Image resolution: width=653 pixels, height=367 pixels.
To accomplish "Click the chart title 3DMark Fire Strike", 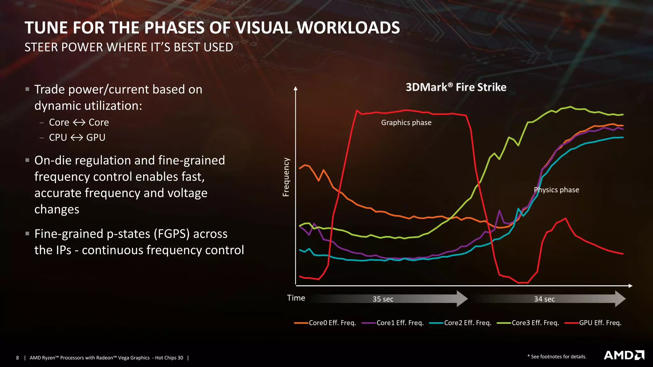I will (x=456, y=87).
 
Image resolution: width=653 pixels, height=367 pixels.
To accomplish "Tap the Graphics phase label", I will (x=406, y=123).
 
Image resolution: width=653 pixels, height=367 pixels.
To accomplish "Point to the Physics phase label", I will (x=556, y=190).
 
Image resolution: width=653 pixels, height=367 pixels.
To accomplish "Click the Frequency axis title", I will (x=286, y=177).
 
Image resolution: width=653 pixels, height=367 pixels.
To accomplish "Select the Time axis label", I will (x=296, y=298).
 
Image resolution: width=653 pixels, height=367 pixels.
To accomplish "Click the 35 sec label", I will (x=383, y=299).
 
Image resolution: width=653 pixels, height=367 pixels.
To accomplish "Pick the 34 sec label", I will (x=544, y=299).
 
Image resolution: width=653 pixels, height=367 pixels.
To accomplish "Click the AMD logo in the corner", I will (x=624, y=355).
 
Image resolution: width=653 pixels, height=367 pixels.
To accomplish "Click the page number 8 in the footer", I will (x=18, y=358).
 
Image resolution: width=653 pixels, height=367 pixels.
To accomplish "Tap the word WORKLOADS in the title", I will (x=348, y=28).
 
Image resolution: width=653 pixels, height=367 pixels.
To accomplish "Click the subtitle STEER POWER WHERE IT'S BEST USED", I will (x=129, y=47).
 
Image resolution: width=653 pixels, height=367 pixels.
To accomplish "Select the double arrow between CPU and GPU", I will (x=77, y=138).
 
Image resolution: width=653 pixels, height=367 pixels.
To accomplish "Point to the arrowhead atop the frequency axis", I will (x=296, y=88).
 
